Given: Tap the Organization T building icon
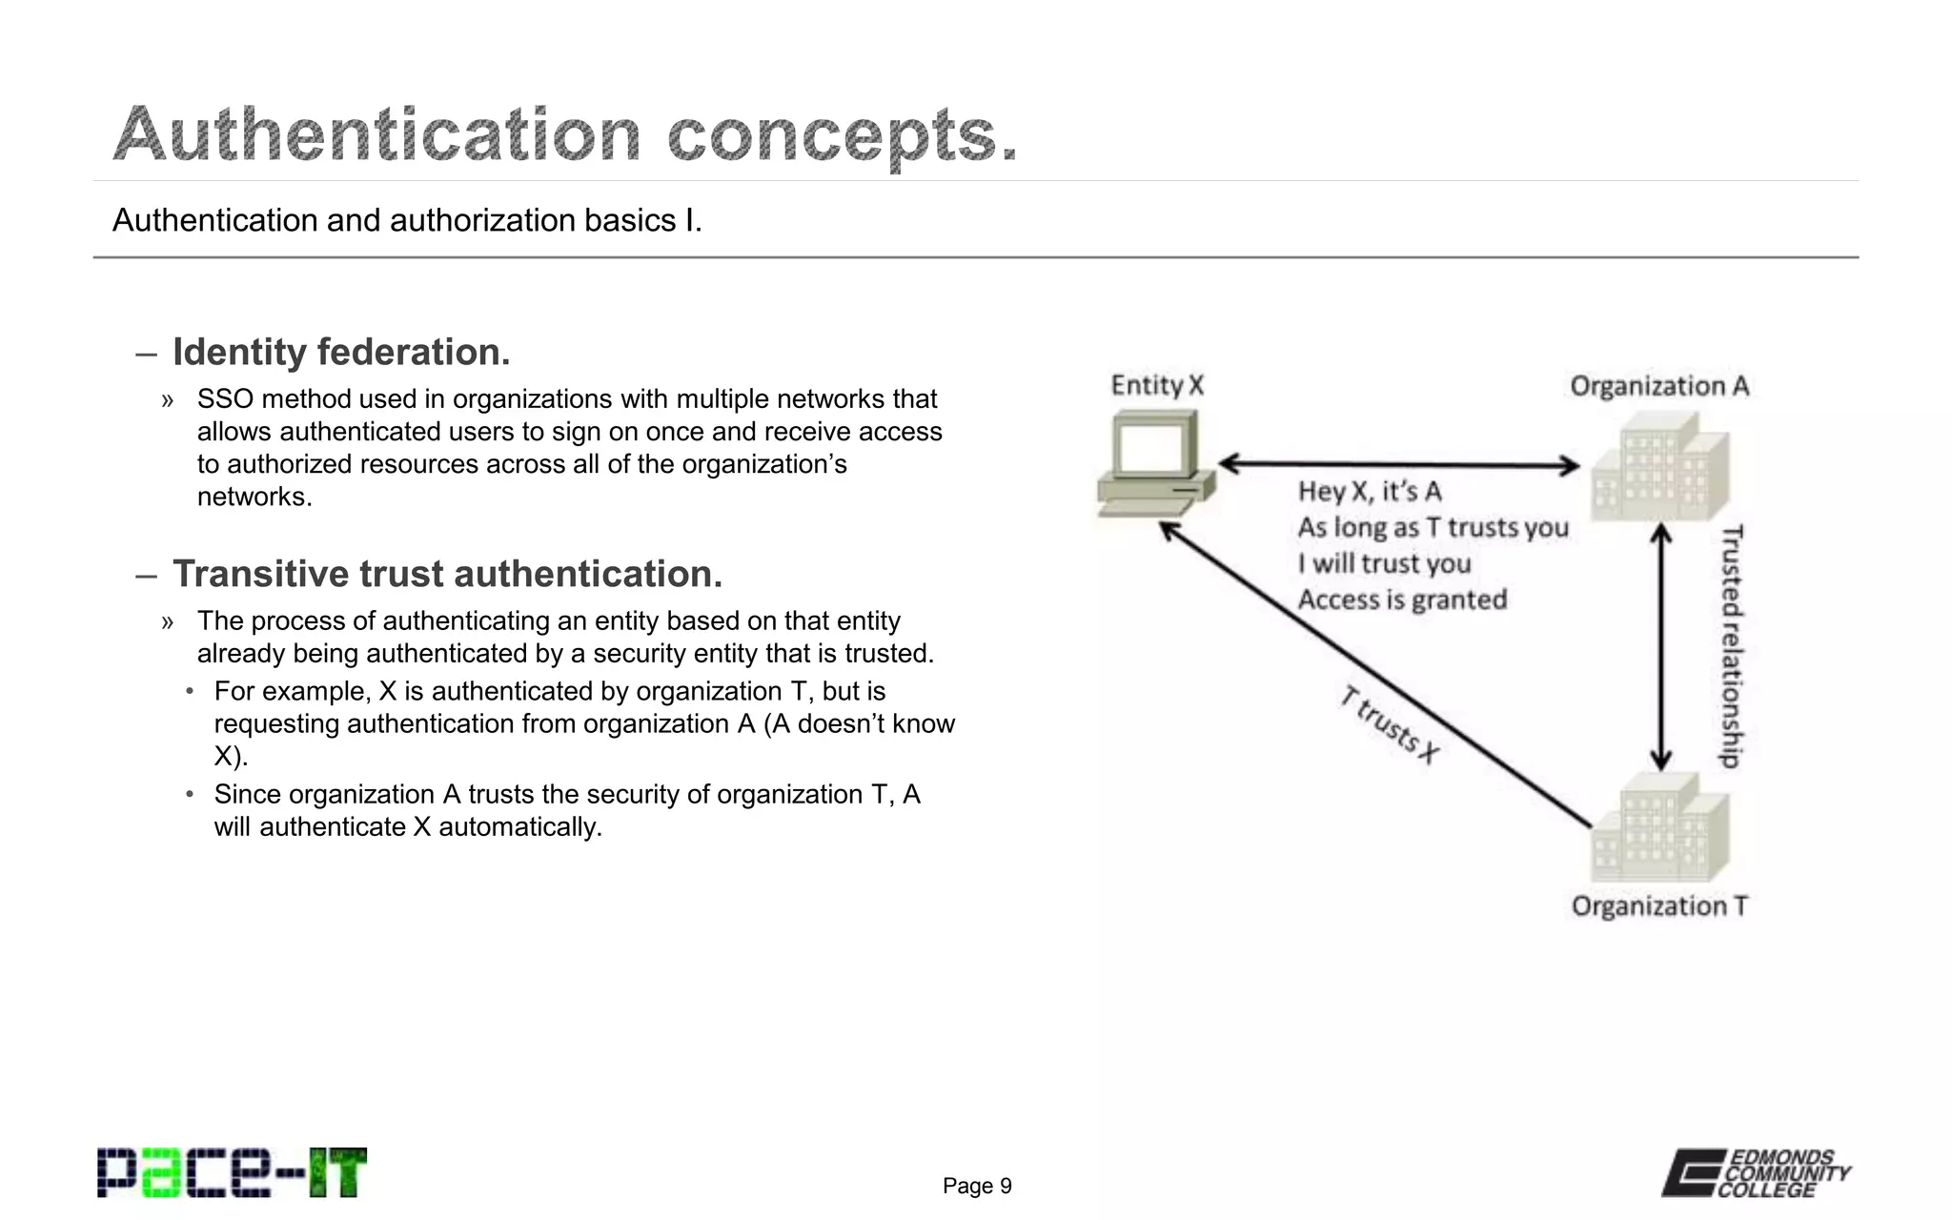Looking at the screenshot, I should coord(1659,827).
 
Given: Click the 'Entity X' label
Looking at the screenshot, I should coord(1157,386).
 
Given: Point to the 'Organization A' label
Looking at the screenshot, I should coord(1659,386).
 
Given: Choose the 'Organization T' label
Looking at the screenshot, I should coord(1659,905).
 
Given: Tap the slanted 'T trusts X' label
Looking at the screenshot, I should coord(1389,725).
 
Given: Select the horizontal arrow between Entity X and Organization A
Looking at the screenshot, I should coord(1398,465).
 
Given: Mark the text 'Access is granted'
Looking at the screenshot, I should coord(1402,600).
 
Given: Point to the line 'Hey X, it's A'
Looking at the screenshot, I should coord(1370,492).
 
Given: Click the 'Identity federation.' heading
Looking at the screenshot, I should coord(341,353).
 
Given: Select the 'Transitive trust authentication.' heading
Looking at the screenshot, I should coord(447,575).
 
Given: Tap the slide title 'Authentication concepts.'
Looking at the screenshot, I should coord(565,134).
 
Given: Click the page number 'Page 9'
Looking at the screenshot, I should coord(977,1186).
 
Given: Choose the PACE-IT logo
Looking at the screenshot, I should coord(232,1173).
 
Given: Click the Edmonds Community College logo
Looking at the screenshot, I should coord(1756,1173).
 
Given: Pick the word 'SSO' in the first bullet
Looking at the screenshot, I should coord(225,399).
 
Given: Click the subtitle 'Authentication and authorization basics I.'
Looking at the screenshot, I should coord(407,221).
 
